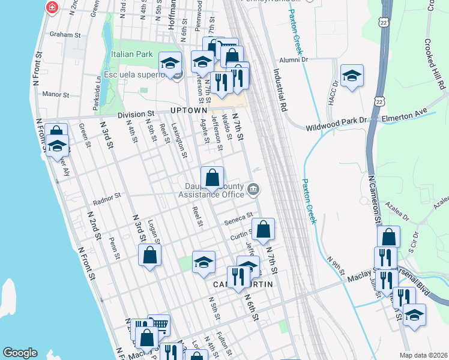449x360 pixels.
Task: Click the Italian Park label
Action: (131, 54)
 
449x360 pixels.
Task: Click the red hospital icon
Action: (52, 7)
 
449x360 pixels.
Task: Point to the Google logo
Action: (20, 353)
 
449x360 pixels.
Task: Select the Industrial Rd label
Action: (280, 89)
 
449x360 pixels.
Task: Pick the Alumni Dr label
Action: (294, 59)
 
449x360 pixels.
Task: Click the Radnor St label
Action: (109, 195)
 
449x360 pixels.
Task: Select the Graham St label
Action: (65, 35)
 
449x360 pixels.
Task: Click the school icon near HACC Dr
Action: (352, 76)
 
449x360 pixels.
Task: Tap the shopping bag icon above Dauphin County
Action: (212, 177)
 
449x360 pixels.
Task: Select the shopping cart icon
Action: (158, 325)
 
